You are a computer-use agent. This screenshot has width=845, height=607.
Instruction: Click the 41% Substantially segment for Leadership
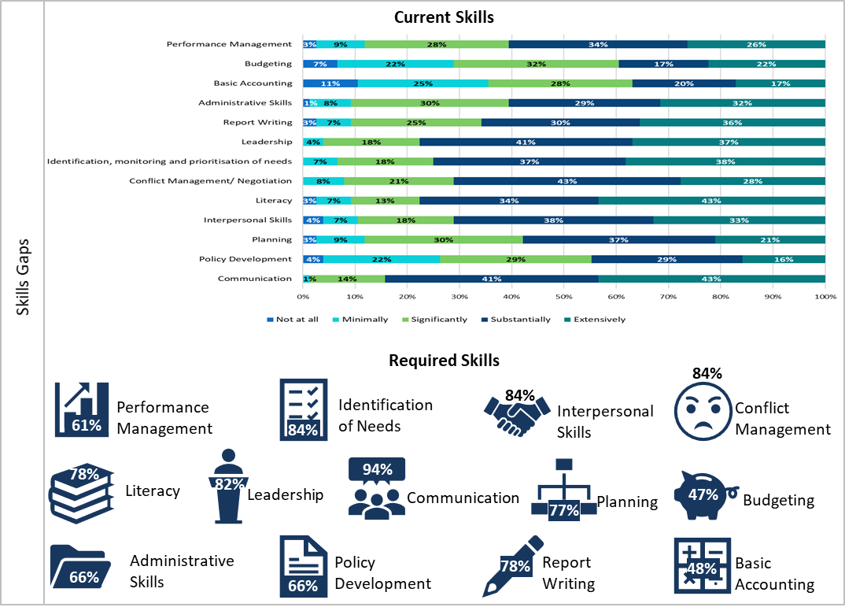coord(526,142)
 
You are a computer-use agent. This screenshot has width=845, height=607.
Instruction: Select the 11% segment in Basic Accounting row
coord(330,83)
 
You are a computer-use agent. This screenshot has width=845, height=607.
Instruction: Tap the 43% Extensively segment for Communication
coord(711,279)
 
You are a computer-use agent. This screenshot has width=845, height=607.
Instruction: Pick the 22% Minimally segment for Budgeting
coord(395,64)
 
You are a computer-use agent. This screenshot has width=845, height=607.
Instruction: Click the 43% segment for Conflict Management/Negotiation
coord(566,181)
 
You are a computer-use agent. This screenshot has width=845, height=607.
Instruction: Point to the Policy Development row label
coord(245,259)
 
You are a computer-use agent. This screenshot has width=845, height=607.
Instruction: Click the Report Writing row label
coord(257,122)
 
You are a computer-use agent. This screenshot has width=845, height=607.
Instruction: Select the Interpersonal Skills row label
coord(248,220)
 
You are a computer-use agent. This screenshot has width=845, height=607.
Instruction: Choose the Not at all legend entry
coord(293,320)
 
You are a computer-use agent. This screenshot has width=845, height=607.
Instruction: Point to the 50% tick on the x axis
coord(563,297)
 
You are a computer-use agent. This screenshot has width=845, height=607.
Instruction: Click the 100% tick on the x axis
coord(825,297)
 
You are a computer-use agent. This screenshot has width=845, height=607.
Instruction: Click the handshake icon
coord(517,415)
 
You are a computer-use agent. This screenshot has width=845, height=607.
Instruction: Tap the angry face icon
coord(703,406)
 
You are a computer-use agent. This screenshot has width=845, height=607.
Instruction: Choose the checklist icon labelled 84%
coord(304,409)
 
